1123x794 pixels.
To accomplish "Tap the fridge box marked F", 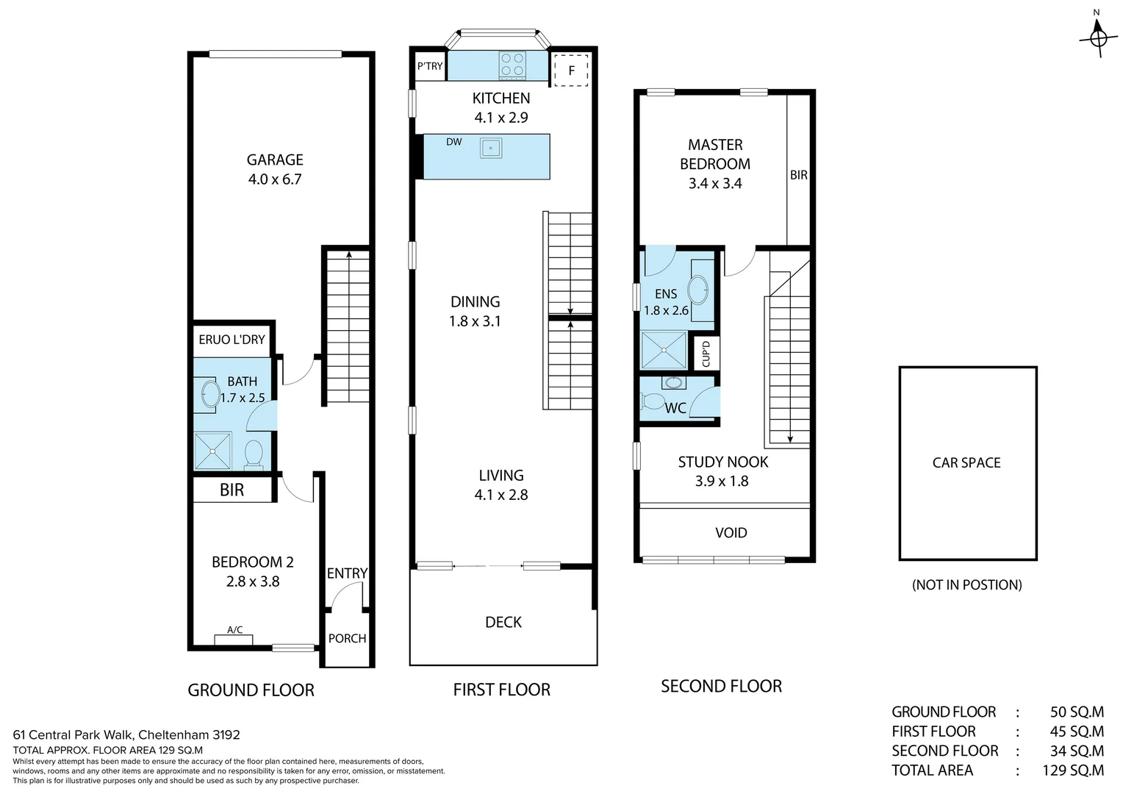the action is [x=571, y=71].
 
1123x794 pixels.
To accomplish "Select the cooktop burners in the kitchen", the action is [x=512, y=65].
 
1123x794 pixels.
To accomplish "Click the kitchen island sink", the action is [x=491, y=148].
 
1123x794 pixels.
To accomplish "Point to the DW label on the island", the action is [x=453, y=142].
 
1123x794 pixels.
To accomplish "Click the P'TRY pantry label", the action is [x=430, y=66].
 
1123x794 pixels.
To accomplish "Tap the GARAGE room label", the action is [x=275, y=160].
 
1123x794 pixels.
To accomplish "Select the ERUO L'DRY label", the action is [x=232, y=340].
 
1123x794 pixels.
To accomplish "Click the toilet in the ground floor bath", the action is [x=254, y=455].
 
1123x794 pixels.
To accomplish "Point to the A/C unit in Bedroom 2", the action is [x=234, y=640].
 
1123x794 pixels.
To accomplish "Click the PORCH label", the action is [x=347, y=639].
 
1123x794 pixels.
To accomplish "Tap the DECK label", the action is [x=503, y=623].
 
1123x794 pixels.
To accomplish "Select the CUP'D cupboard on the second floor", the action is [x=706, y=354].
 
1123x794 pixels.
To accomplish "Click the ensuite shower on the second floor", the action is [x=664, y=351].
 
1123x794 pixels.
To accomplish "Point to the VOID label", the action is [x=731, y=533].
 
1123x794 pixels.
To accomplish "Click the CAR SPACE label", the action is [x=966, y=462].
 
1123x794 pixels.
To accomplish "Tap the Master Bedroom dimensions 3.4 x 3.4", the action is [x=715, y=184].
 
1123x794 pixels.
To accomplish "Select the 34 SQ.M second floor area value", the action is [x=1077, y=751].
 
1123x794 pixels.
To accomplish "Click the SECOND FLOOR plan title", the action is [x=721, y=686].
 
